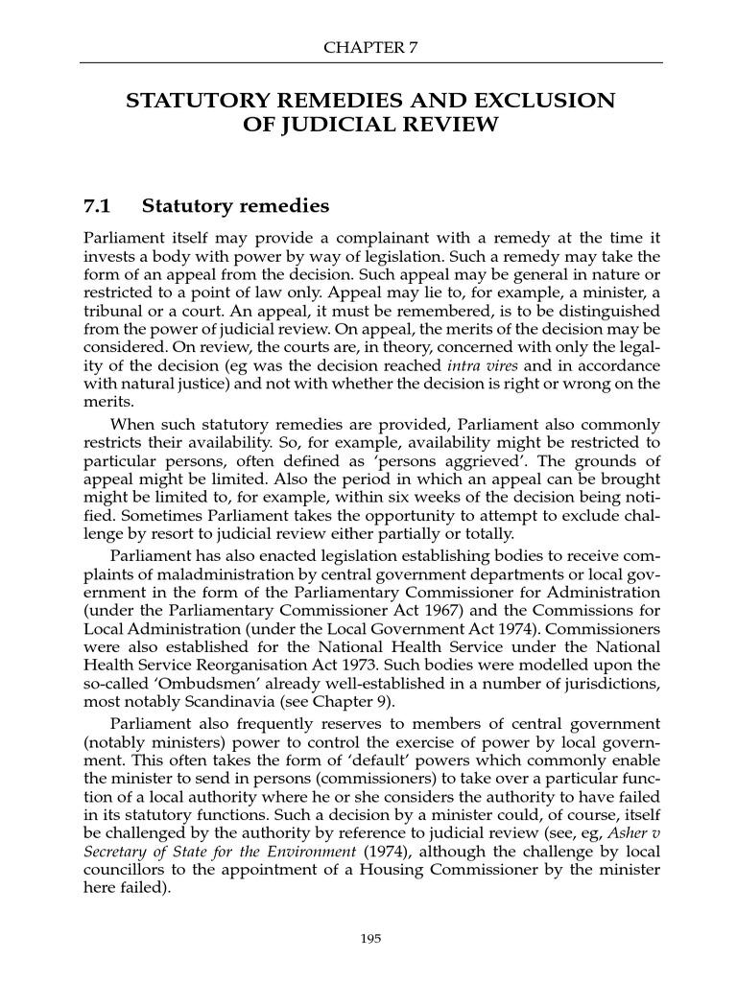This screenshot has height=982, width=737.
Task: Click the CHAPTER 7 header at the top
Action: pos(370,46)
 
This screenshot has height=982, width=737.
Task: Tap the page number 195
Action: pos(370,939)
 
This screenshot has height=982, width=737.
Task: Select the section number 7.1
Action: pos(98,206)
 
